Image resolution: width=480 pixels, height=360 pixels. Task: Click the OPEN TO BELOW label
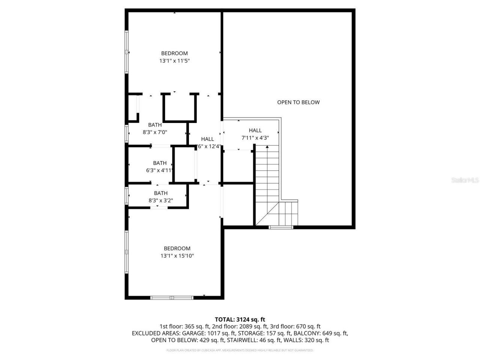pos(298,102)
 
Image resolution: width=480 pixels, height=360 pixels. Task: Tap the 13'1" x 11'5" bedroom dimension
pos(175,61)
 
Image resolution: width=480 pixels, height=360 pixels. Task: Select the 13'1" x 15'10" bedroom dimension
pos(177,256)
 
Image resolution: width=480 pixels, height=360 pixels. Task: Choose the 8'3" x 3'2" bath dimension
pos(160,201)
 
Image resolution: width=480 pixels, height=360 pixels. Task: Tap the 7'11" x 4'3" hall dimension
pos(255,138)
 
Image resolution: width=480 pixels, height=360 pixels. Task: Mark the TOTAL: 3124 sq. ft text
pos(240,319)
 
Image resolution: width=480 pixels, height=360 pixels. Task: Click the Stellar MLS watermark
pos(465,180)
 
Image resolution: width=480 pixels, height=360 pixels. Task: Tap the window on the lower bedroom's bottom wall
pos(172,298)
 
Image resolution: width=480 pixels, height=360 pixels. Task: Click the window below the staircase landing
pos(281,227)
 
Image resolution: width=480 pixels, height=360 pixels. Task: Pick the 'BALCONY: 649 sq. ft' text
pos(321,333)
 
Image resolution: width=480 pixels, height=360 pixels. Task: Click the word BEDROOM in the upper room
pos(174,53)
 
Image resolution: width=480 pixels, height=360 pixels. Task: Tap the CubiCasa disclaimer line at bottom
pos(240,350)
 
